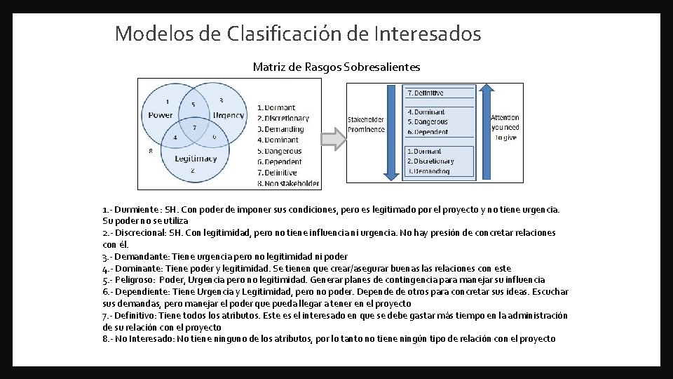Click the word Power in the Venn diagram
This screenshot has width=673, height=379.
point(161,115)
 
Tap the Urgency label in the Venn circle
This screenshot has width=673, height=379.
point(228,115)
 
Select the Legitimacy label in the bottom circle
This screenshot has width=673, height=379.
point(196,158)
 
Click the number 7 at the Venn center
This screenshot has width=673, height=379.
point(194,128)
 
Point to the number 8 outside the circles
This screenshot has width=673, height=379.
point(151,151)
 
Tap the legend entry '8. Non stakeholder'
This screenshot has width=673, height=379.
point(287,184)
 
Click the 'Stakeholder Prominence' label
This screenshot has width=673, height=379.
point(366,124)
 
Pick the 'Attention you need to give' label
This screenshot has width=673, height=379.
point(505,128)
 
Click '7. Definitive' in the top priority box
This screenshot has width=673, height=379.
point(426,93)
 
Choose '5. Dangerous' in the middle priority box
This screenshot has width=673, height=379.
point(428,122)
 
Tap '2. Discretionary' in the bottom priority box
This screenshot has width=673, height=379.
point(430,161)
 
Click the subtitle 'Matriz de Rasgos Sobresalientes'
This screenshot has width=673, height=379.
point(336,67)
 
